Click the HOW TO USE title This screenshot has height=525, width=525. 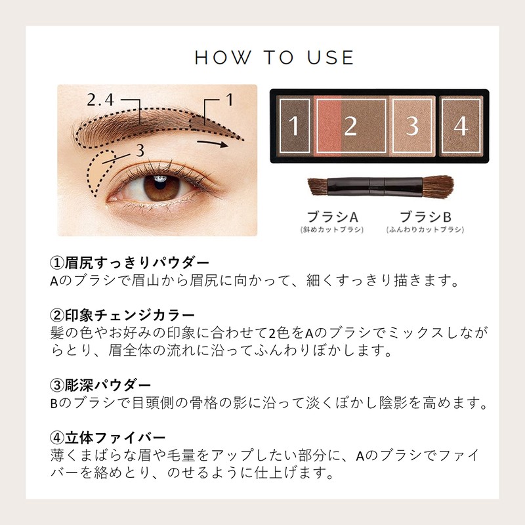(x=274, y=57)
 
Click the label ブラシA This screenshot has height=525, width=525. (x=331, y=217)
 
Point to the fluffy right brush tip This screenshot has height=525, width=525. (x=438, y=185)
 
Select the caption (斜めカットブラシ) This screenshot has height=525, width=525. (x=331, y=230)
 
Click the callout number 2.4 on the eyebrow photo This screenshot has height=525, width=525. (x=101, y=100)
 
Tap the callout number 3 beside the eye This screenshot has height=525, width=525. (x=139, y=150)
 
